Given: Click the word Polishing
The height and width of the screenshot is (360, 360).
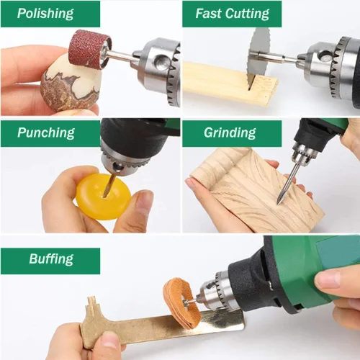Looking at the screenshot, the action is [45, 14].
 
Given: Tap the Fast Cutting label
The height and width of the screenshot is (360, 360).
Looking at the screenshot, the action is [232, 14].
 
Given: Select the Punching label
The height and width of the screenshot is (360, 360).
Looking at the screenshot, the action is [46, 132].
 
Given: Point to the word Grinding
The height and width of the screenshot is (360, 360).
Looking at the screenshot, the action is [230, 132].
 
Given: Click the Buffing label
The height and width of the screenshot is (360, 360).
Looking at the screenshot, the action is [51, 259].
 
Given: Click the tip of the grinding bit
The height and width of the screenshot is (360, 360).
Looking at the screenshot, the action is [279, 203].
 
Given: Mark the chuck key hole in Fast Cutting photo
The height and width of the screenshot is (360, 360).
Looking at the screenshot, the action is [324, 55].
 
